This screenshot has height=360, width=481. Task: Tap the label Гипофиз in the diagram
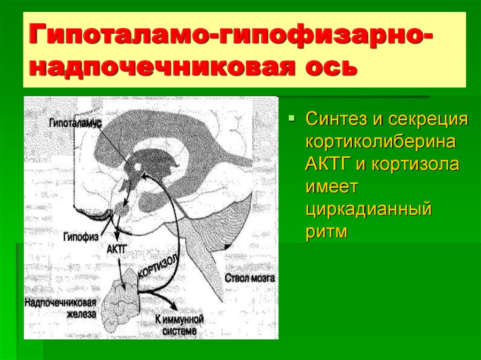(81, 237)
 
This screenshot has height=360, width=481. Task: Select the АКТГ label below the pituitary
(116, 248)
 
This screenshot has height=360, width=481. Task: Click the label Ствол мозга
(250, 278)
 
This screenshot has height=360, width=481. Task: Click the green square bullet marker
(291, 118)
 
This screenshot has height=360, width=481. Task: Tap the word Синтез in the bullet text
(336, 118)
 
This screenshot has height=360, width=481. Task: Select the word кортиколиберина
(380, 142)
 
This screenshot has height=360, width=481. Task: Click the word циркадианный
(369, 210)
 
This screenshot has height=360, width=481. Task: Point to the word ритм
(327, 232)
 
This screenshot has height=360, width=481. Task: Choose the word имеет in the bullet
(332, 186)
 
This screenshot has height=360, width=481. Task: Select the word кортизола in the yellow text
(415, 164)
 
